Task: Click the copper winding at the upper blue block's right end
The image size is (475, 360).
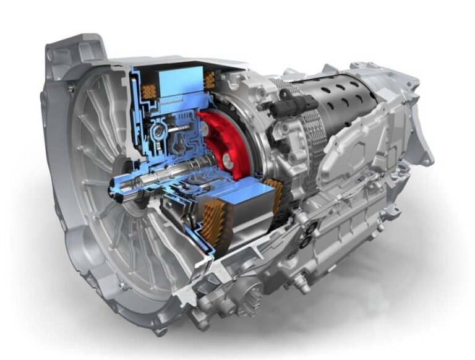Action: pos(210,79)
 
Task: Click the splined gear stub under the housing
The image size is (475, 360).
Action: pos(250,291)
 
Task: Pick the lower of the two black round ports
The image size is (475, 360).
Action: pos(309,238)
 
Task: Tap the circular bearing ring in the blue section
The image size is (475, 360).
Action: pos(159,133)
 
